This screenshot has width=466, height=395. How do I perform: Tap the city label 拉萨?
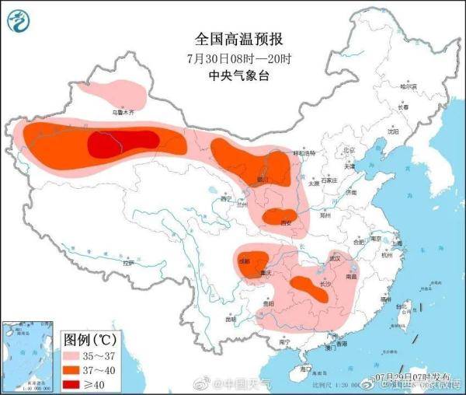click(x=129, y=264)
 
